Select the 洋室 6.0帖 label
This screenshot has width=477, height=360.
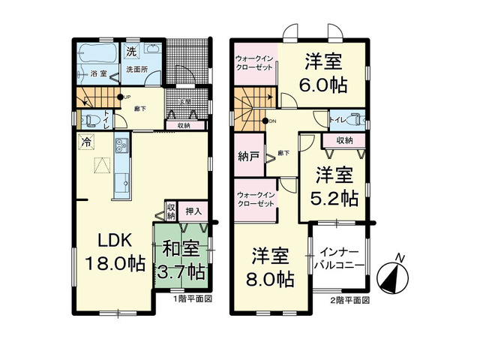(x=325, y=72)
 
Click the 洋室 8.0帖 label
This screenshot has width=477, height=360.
(x=271, y=267)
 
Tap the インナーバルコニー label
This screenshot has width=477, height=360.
(x=341, y=259)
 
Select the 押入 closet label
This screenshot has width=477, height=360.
(x=194, y=212)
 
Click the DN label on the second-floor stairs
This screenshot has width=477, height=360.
(x=272, y=121)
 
